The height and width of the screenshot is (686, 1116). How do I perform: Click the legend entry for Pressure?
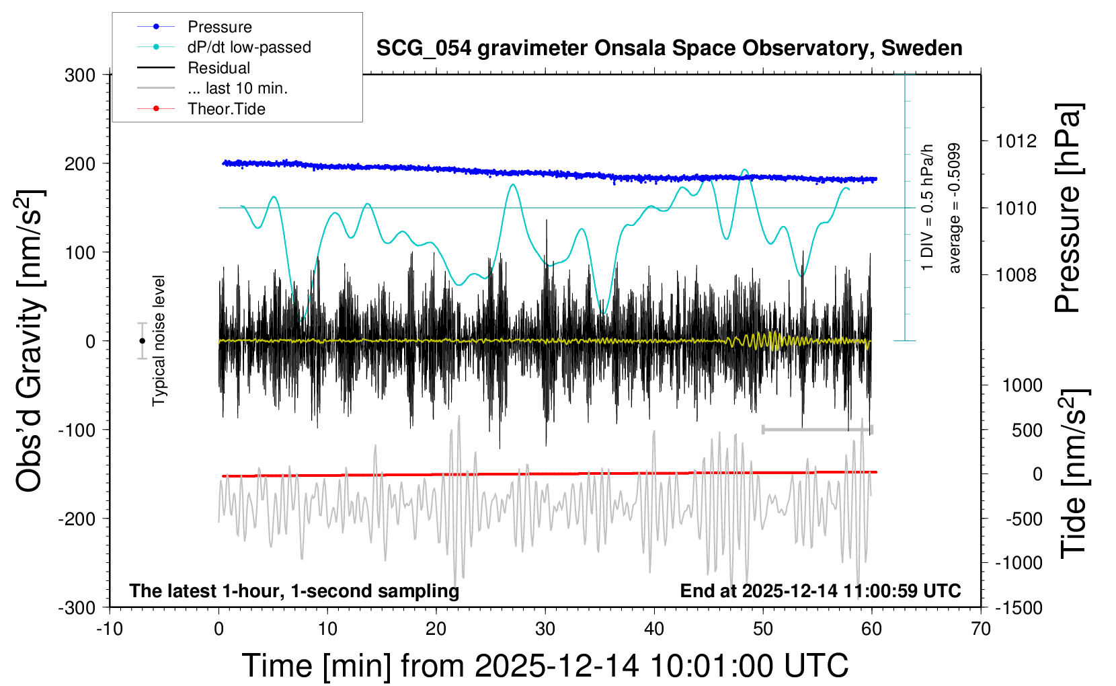pos(219,27)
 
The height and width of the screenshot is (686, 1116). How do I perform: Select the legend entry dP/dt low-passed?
pos(249,47)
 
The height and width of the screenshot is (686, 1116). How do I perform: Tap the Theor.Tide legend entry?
pos(226,109)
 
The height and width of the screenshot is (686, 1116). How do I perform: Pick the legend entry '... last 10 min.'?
pos(237,88)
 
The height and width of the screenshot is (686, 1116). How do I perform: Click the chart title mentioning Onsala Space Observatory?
pos(669,48)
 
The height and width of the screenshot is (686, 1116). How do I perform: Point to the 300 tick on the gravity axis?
pos(80,75)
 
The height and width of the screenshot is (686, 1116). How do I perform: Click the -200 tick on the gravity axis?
pos(77,519)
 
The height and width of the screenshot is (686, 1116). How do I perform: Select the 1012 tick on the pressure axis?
pos(1016,141)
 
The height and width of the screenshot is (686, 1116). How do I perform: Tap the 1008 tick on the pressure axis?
pos(1016,274)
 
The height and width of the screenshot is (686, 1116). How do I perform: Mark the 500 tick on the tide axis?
pos(1027,430)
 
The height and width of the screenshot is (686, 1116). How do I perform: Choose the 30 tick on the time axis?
pos(545,629)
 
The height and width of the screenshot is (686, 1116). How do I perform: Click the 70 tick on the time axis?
pos(981,629)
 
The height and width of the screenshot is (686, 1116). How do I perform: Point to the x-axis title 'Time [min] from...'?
pos(545,666)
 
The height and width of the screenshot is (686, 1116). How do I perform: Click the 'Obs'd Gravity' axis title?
pos(30,340)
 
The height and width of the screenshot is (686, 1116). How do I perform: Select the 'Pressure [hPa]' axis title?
pos(1067,208)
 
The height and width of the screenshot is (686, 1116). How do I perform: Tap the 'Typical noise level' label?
pos(159,340)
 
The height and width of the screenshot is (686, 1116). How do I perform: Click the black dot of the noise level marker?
pos(142,341)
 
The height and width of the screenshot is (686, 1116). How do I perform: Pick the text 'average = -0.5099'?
pos(954,208)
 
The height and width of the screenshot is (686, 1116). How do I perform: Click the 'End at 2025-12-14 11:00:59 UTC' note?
pos(820,590)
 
